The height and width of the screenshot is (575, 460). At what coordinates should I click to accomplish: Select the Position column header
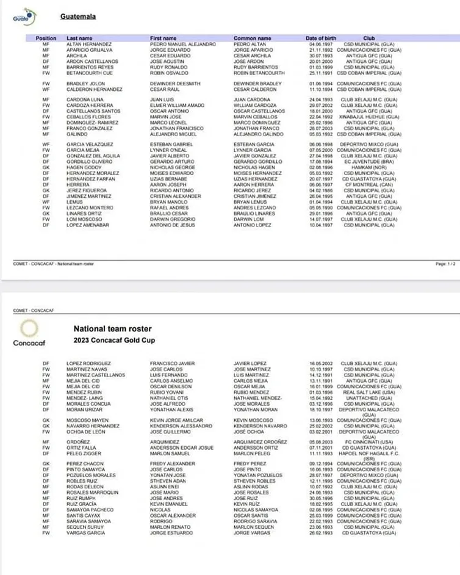click(x=46, y=38)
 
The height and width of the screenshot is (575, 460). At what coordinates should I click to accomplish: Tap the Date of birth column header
click(x=321, y=38)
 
